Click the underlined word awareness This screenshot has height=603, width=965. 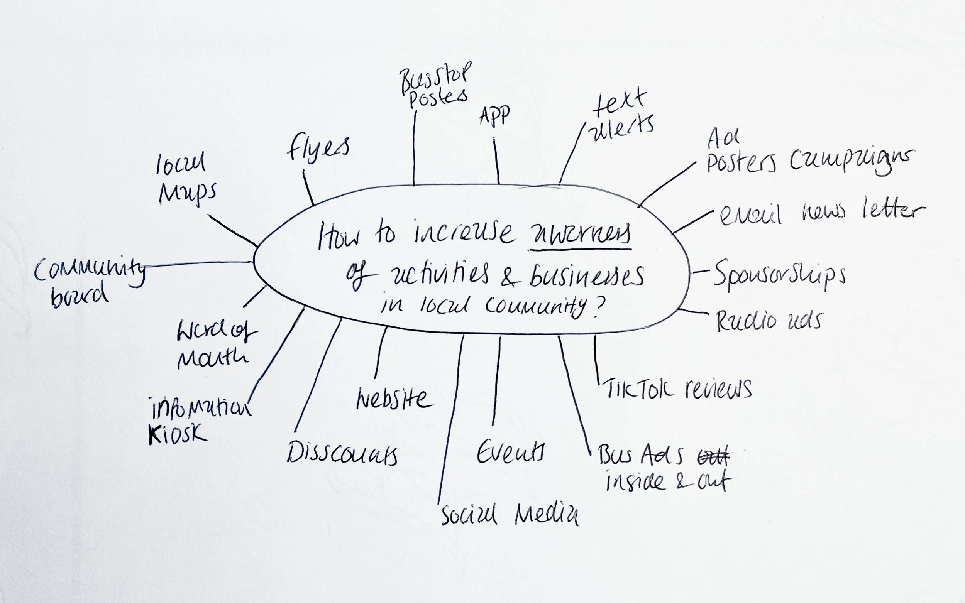[580, 235]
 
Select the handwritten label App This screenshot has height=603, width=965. [494, 116]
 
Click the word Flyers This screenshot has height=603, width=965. [318, 149]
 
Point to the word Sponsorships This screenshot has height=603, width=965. [779, 275]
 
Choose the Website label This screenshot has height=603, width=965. [394, 399]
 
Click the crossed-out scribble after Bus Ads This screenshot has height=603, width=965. [714, 457]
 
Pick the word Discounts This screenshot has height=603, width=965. [342, 454]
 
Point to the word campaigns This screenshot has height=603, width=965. [851, 160]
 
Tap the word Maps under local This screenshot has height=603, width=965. [188, 193]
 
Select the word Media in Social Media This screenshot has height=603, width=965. [546, 515]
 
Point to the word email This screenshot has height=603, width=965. [750, 215]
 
